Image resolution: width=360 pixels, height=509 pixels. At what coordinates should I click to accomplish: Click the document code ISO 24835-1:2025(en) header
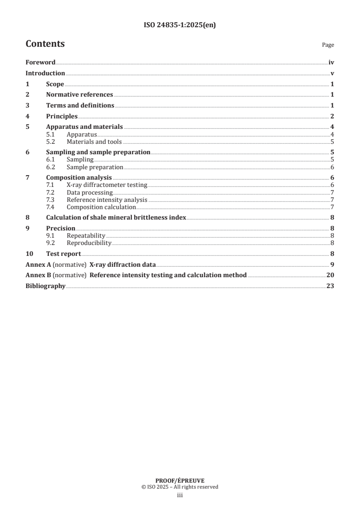point(179,25)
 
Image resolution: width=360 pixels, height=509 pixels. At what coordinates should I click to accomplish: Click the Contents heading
point(45,44)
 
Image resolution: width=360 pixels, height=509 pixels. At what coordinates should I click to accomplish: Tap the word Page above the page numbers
point(328,45)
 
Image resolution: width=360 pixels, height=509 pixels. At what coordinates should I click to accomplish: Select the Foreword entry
point(40,63)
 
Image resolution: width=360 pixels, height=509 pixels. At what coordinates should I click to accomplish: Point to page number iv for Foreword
point(331,63)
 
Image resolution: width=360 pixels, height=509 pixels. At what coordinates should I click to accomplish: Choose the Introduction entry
point(45,73)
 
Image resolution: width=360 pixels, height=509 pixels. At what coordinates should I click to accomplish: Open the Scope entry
point(55,84)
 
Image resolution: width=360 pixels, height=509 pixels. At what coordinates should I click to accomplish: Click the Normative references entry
point(79,95)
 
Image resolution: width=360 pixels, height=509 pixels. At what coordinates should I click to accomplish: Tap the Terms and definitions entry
point(80,105)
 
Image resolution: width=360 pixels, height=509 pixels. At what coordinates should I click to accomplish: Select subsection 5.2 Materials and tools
point(94,141)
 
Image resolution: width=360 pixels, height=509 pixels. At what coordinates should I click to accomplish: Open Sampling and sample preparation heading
point(98,152)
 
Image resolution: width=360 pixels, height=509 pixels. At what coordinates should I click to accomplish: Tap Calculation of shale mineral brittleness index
point(116,217)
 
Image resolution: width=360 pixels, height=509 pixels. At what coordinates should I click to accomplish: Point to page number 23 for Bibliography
point(330,286)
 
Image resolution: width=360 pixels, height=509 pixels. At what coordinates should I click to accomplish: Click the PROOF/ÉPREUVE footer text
point(180,480)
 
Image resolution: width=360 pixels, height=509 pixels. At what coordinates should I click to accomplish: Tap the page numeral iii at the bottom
point(180,496)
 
